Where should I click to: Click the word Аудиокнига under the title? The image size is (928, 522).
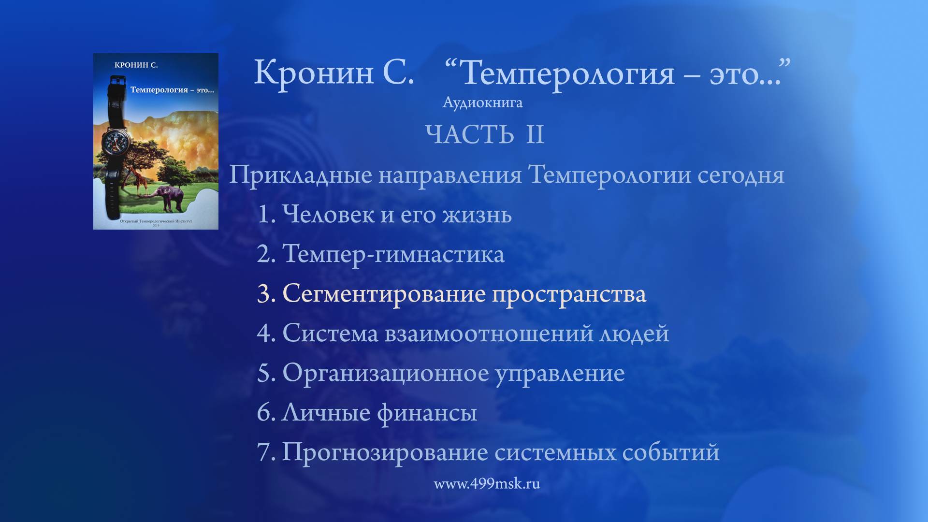(482, 103)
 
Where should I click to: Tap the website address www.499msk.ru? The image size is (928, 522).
(487, 484)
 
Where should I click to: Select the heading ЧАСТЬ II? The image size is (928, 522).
(485, 134)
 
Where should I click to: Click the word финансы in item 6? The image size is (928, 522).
(427, 413)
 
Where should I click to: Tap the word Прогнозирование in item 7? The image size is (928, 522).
(385, 452)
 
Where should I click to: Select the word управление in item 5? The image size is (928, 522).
(560, 373)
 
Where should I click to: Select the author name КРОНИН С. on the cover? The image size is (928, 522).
(136, 65)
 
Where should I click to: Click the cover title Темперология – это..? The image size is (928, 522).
(172, 90)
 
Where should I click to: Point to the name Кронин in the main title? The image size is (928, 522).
(314, 73)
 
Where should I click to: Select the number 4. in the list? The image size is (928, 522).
(266, 333)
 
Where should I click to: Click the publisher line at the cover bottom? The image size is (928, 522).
(156, 221)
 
